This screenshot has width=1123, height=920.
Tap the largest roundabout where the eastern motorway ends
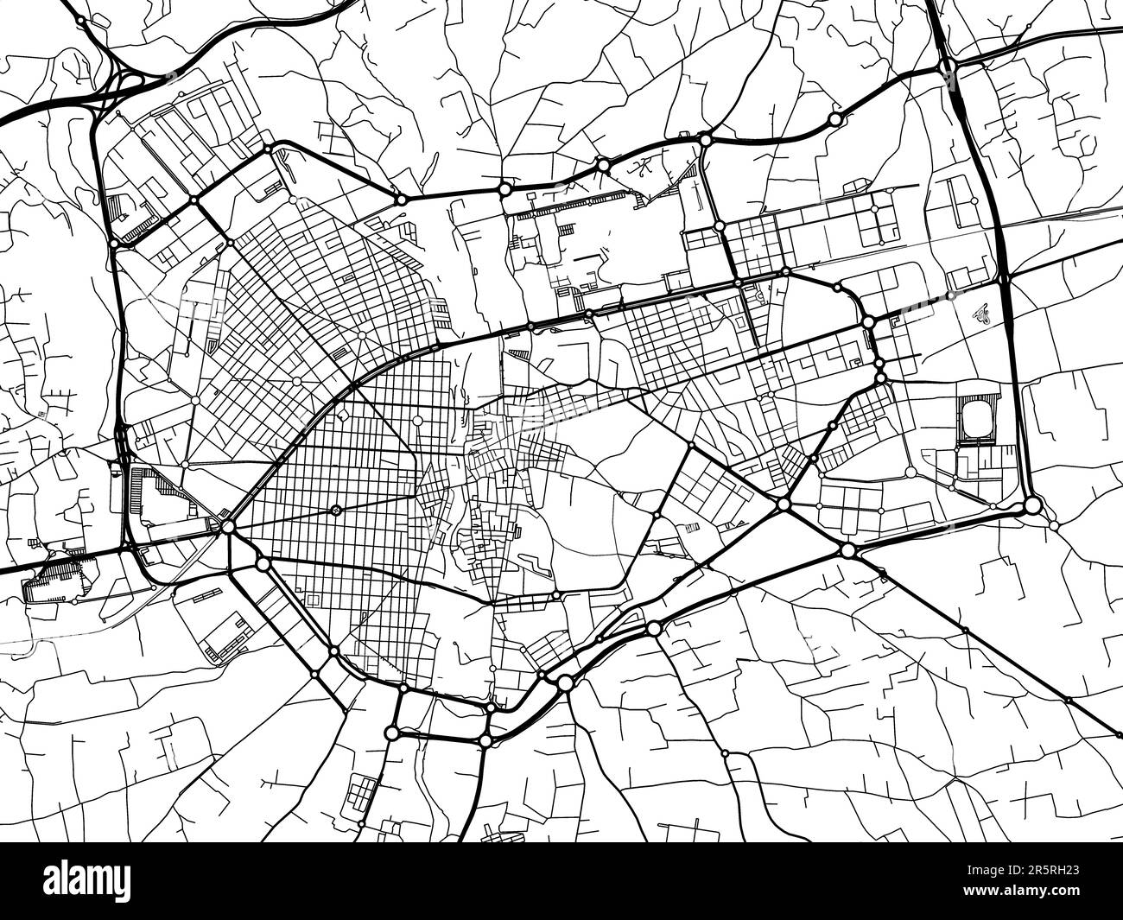[1032, 505]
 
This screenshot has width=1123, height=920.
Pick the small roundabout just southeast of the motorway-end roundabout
[1053, 525]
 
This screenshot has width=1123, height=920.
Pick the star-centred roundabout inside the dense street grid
[336, 510]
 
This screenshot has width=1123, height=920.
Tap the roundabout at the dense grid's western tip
[228, 525]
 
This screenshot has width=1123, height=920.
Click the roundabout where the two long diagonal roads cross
[784, 504]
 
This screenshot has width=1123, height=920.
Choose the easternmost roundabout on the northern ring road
[834, 118]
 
